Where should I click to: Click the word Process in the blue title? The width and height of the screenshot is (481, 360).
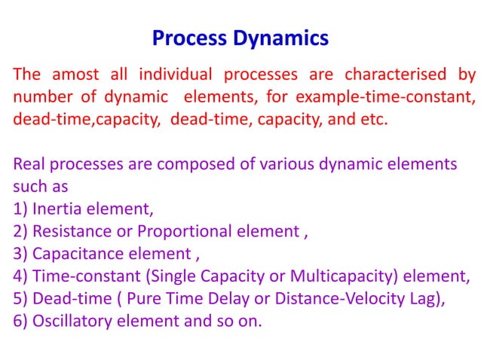187,38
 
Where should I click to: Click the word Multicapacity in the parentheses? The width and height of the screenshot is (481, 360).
324,276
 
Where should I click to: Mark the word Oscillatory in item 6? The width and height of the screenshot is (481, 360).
71,320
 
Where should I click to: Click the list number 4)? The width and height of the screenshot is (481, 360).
20,276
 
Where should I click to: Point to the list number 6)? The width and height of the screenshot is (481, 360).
20,320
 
